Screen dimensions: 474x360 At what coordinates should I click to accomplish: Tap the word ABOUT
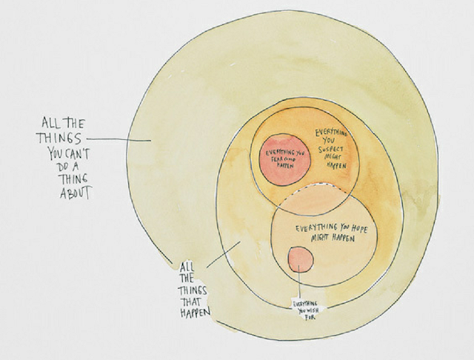(76, 194)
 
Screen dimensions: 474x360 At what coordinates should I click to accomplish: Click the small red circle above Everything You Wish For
(299, 258)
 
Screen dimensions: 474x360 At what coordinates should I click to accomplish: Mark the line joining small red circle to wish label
(299, 285)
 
